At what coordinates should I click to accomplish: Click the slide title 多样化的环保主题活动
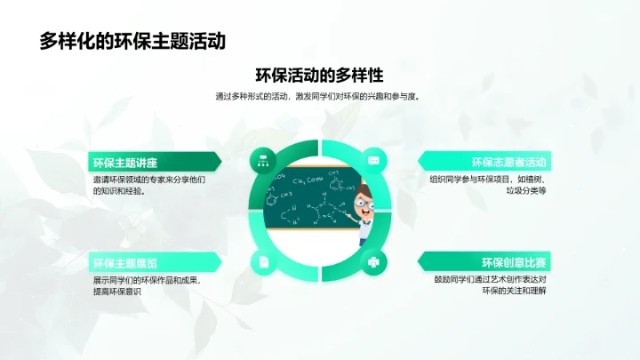(132, 41)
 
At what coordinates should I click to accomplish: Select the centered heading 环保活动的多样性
(319, 75)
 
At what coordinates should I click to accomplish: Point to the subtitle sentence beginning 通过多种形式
(318, 96)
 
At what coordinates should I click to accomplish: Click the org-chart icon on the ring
(263, 161)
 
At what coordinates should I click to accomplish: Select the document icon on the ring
(263, 261)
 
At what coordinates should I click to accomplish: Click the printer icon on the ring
(374, 261)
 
